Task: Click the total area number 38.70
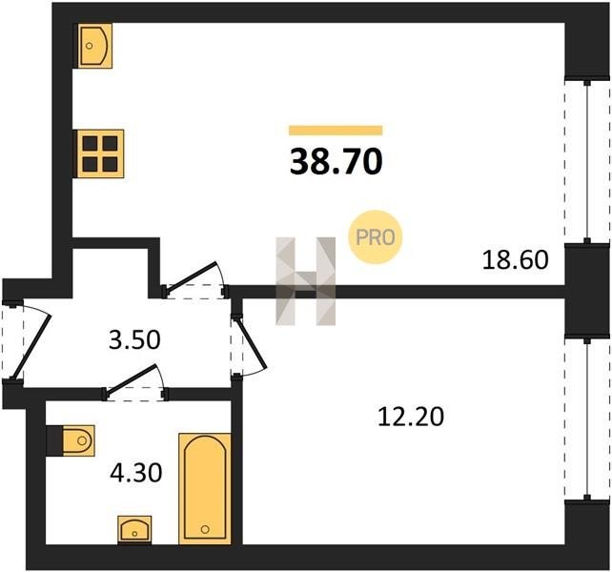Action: tap(336, 162)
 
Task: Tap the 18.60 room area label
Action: tap(515, 260)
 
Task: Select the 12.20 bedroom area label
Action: tap(411, 417)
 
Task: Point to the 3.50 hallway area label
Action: tap(134, 339)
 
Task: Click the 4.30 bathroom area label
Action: tap(135, 473)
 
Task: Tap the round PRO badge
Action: tap(375, 237)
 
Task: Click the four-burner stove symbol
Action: tap(99, 153)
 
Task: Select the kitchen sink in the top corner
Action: tap(93, 46)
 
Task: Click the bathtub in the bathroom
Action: tap(205, 488)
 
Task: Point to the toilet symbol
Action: tap(78, 440)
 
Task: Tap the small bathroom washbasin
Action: tap(134, 529)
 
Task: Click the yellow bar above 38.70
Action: tap(336, 131)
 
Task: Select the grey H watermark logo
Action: tap(306, 281)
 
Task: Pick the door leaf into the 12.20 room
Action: tap(251, 342)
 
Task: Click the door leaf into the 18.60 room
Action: tap(191, 276)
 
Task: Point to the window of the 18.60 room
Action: tap(587, 162)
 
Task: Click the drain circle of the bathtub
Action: tap(205, 529)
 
